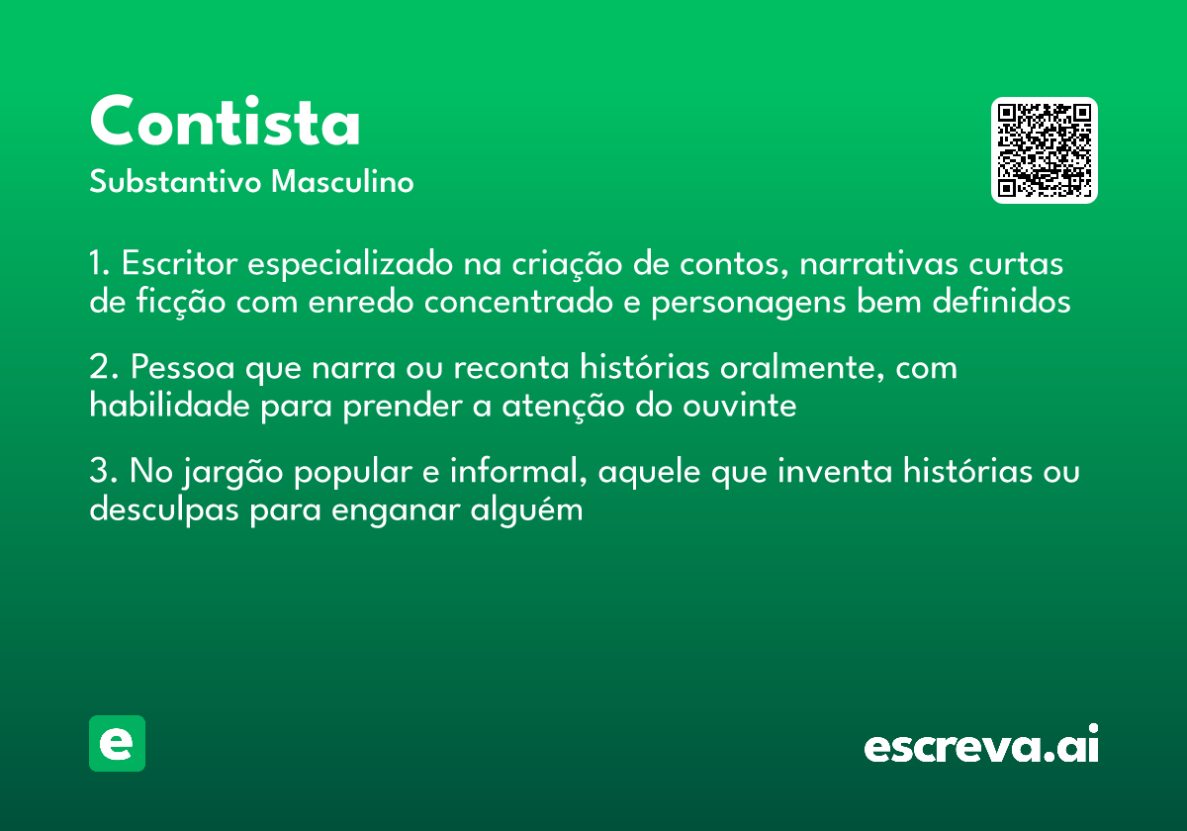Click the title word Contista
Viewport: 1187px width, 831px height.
click(x=226, y=124)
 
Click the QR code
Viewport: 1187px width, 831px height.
click(x=1044, y=150)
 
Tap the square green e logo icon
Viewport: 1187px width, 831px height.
click(x=117, y=743)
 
